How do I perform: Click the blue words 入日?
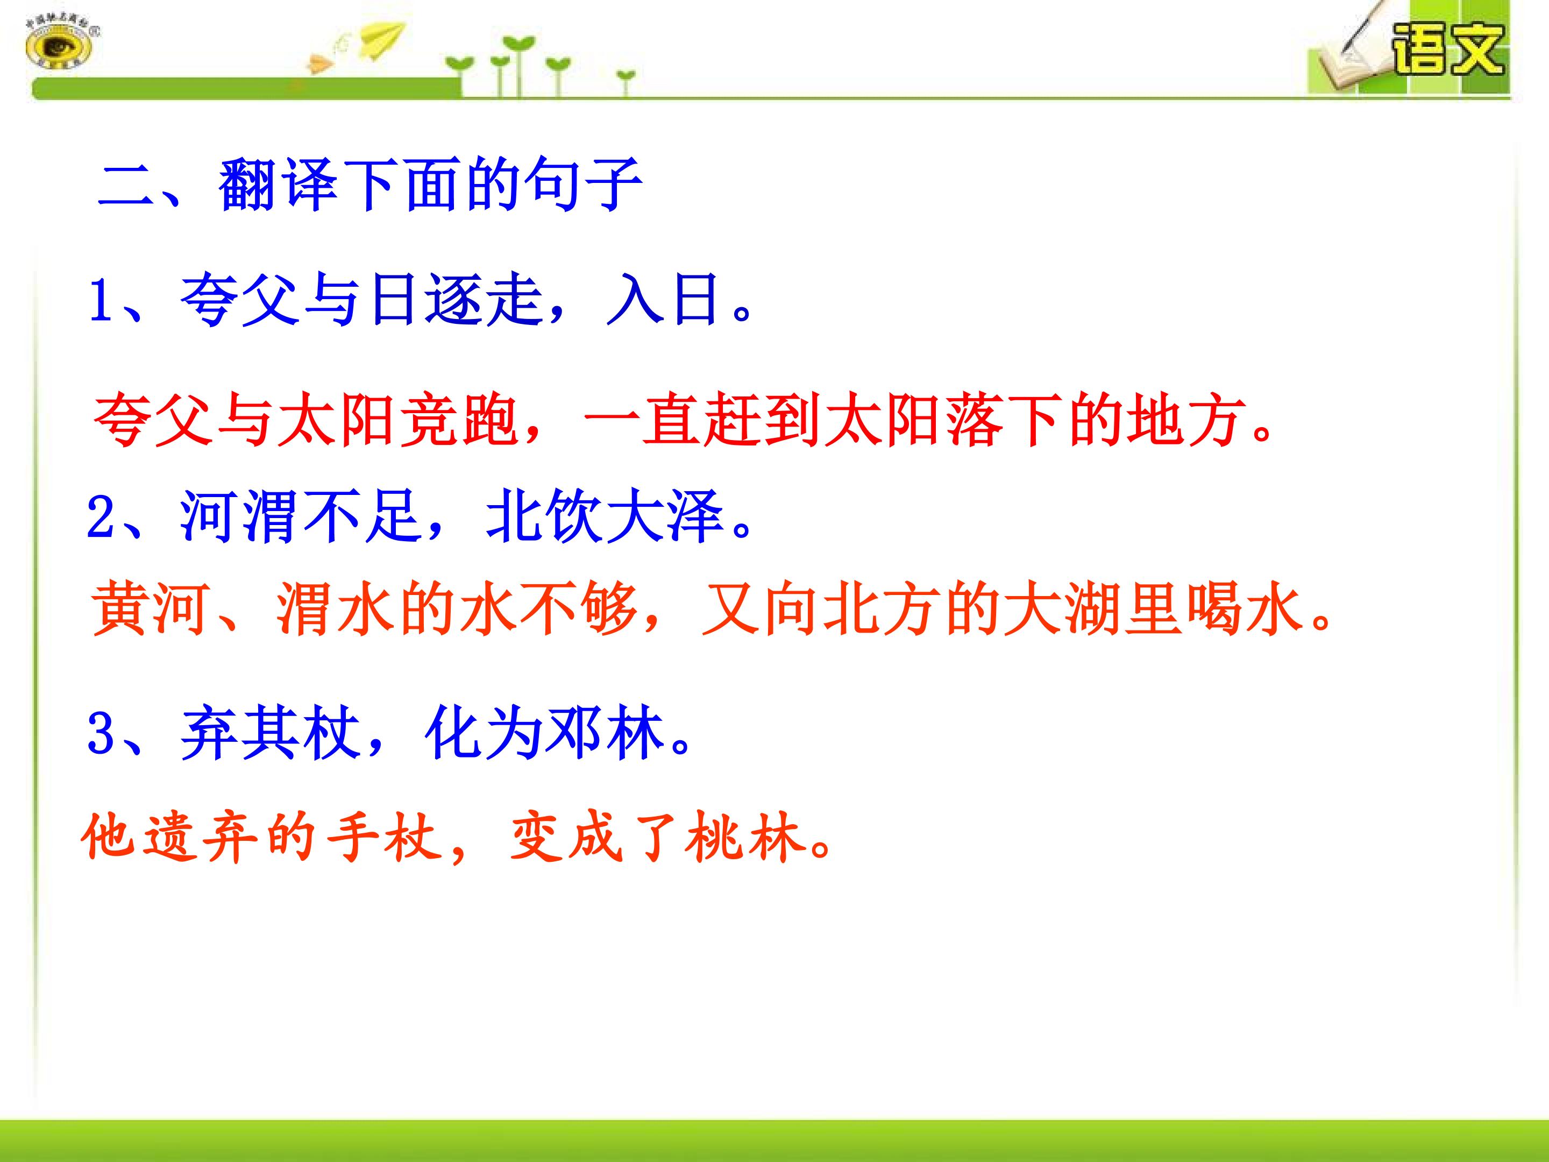pos(664,299)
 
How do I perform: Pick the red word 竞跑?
pos(458,420)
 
